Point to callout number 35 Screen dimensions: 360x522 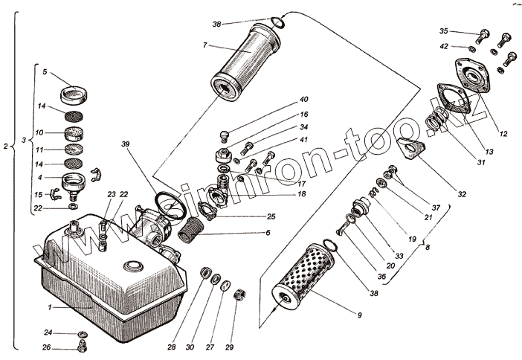444,31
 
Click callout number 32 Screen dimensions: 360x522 461,195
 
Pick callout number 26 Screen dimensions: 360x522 47,347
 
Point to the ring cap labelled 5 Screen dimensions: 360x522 73,96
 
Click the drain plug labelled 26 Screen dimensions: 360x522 82,347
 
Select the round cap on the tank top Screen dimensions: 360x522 135,265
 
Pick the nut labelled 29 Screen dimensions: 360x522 239,295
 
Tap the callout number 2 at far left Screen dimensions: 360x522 6,147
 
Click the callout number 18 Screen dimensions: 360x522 302,194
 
